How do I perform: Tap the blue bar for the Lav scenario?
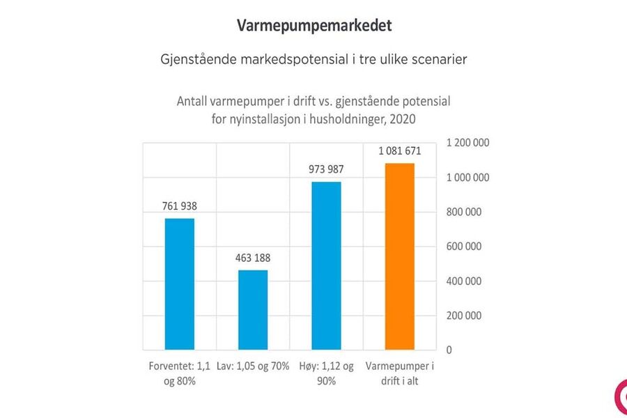(253, 309)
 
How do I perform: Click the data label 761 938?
(179, 206)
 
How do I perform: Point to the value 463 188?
(253, 258)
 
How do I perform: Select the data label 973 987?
(326, 169)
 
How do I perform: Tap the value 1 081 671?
(399, 150)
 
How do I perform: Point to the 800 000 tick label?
(465, 212)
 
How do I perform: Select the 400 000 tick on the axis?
(465, 281)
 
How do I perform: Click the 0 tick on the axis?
(448, 350)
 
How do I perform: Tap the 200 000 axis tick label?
(465, 316)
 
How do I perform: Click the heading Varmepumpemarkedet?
(314, 26)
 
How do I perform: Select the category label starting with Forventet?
(180, 373)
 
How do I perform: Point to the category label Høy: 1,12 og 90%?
(326, 373)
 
